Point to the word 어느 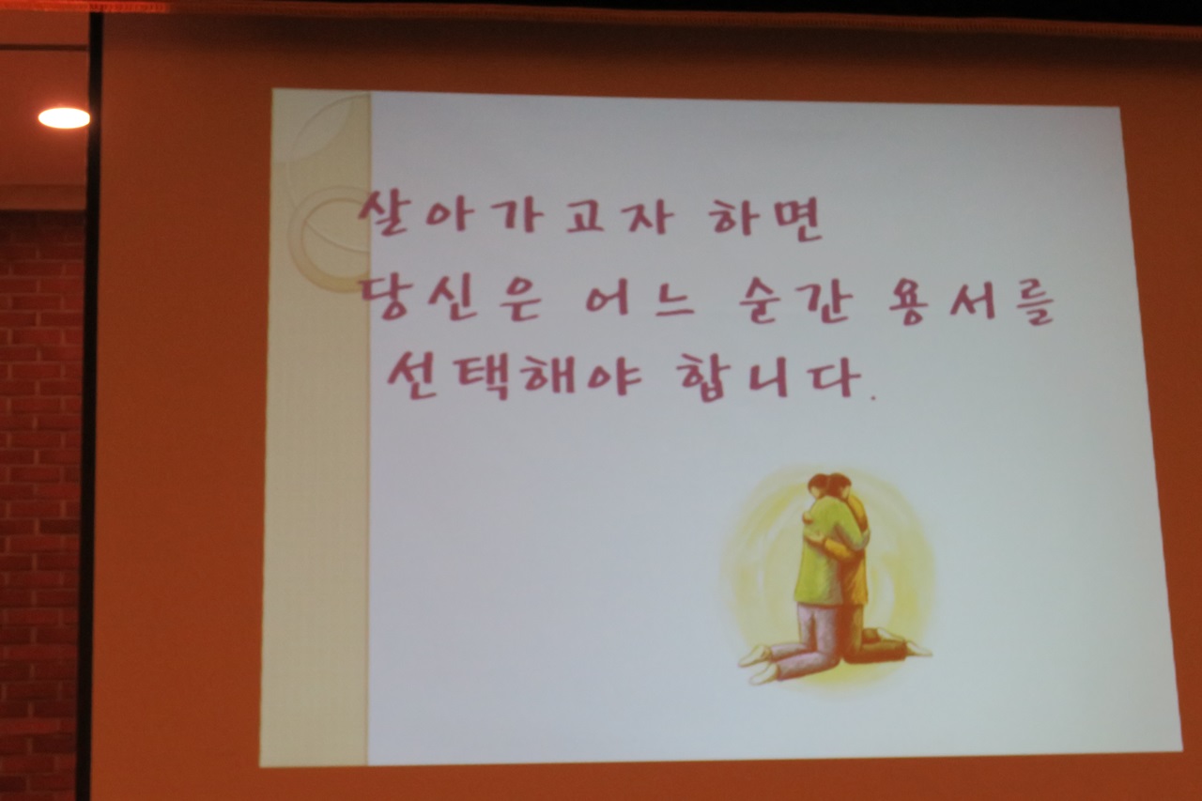(640, 304)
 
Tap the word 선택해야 (514, 375)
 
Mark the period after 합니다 (872, 397)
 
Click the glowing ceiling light (64, 118)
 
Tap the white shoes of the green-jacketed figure (758, 663)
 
